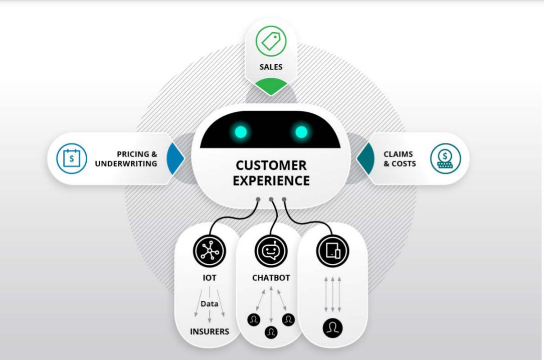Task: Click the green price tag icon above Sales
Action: tap(271, 41)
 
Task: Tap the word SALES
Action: tap(271, 67)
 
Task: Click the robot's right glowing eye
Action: tap(301, 132)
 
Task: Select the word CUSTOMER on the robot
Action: tap(271, 165)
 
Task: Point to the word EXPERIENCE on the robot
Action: tap(271, 181)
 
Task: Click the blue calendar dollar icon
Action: tap(72, 158)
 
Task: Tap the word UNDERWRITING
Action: tap(126, 163)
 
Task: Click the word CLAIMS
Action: tap(400, 154)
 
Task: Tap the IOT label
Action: tap(210, 278)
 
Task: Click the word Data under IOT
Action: tap(210, 304)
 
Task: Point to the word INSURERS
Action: tap(210, 331)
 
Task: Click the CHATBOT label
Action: tap(271, 278)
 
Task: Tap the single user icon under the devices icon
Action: tap(332, 328)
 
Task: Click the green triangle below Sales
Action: tap(271, 86)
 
